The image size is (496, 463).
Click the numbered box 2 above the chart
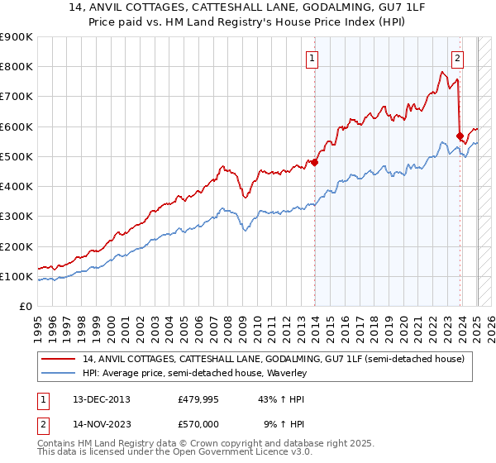(x=457, y=58)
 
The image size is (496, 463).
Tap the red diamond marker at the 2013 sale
(x=314, y=163)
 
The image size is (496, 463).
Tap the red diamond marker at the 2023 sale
(x=460, y=136)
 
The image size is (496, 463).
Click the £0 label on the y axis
(x=25, y=307)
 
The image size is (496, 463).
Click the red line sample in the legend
(x=57, y=359)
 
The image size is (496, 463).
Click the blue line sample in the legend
(x=57, y=374)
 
